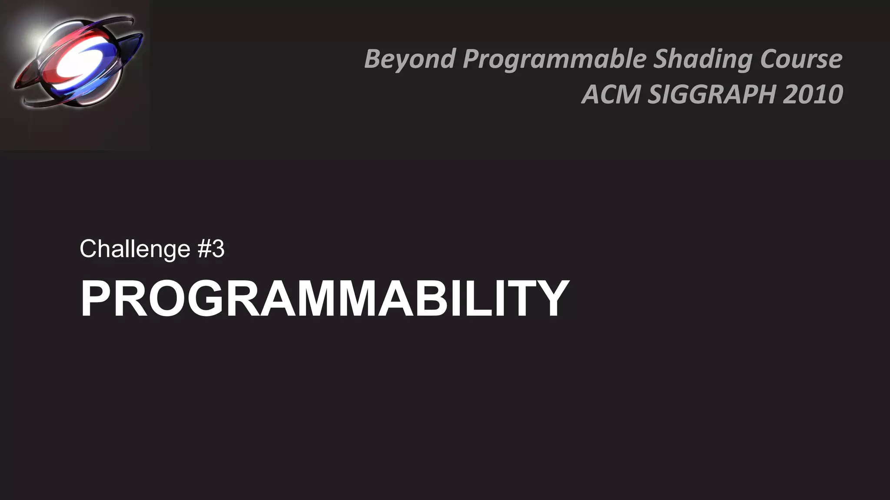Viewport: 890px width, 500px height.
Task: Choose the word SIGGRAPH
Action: (x=711, y=94)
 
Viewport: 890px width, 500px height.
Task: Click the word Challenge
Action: (x=135, y=249)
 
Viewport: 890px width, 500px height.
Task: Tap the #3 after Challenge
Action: (x=211, y=249)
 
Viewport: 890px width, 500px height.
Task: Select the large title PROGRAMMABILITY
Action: (x=324, y=299)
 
